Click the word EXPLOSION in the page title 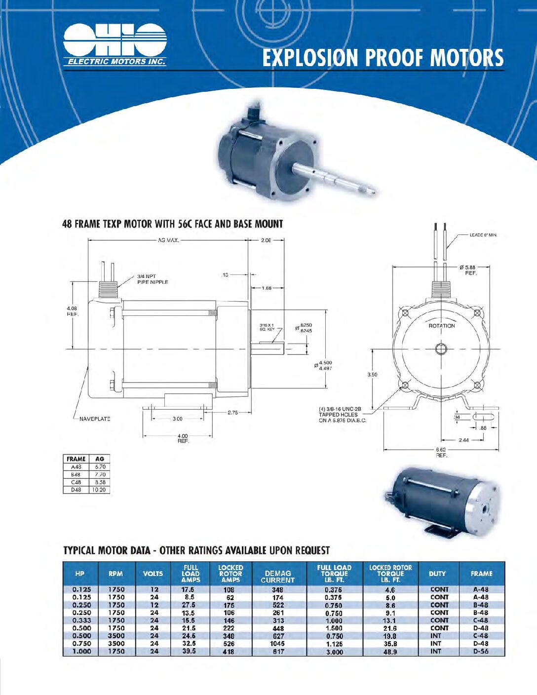tap(310, 58)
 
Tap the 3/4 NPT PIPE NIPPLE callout tap(153, 279)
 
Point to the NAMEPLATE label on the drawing tap(95, 419)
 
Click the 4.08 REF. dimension tap(72, 311)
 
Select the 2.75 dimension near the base tap(233, 412)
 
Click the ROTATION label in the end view tap(442, 326)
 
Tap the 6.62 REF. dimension tap(441, 452)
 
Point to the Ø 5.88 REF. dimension tap(467, 270)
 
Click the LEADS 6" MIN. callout tap(483, 235)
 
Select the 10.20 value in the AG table tap(99, 490)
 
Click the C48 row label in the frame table tap(76, 482)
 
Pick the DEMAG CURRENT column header tap(278, 577)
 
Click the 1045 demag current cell tap(277, 644)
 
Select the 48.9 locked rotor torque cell tap(390, 652)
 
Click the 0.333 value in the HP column tap(81, 620)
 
